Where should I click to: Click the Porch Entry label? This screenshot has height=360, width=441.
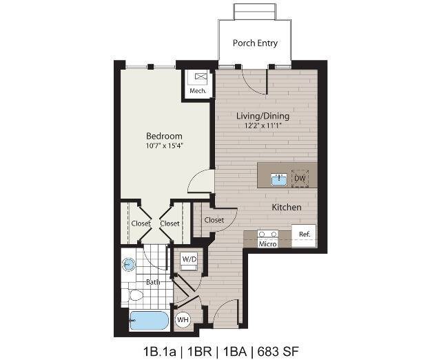point(255,43)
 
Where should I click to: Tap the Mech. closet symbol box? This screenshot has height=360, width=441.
point(201,78)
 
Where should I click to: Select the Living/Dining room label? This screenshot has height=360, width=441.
point(263,116)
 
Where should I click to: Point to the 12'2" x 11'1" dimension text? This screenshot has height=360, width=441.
point(263,126)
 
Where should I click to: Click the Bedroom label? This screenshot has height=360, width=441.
point(164,136)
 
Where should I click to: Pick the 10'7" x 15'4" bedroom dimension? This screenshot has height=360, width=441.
point(164,146)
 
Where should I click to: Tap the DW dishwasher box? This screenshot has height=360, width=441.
point(300,179)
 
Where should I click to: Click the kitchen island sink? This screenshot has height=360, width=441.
point(279,179)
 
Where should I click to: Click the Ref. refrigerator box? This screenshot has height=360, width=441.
point(304,234)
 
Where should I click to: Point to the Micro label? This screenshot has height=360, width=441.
point(267,243)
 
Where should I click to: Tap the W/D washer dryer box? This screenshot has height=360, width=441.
point(189,259)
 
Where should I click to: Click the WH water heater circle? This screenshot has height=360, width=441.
point(183,319)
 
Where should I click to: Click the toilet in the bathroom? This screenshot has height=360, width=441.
point(135,297)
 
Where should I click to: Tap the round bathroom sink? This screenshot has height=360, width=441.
point(129,264)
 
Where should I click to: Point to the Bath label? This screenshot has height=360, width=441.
point(154,281)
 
